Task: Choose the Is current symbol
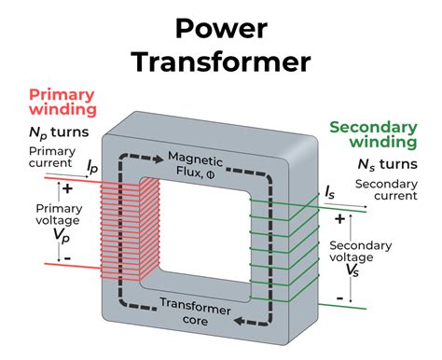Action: coord(331,193)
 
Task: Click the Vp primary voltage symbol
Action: coord(60,230)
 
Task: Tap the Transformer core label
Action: coord(193,310)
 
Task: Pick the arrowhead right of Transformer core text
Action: coord(242,320)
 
